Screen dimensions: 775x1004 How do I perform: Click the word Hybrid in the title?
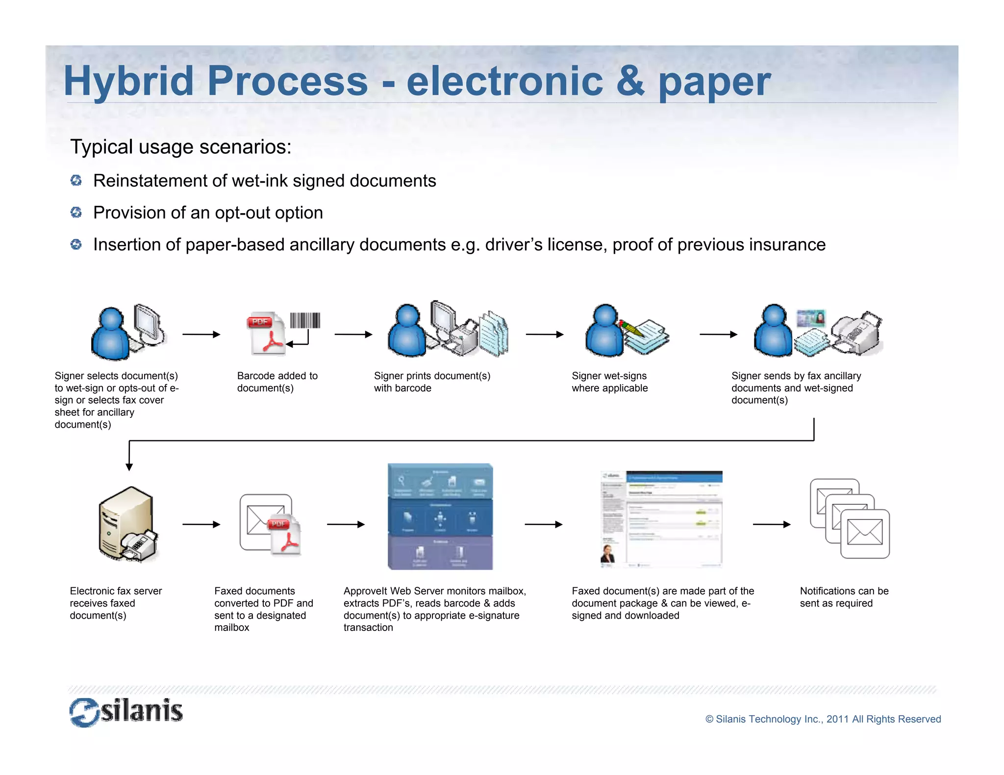pos(128,81)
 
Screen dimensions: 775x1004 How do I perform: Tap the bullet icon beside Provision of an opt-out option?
pos(76,212)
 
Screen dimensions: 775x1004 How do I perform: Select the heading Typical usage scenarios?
pos(180,147)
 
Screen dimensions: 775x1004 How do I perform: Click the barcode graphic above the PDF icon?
pos(305,320)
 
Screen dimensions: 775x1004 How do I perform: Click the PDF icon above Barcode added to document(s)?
pos(265,334)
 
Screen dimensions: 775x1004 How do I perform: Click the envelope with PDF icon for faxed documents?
pos(269,524)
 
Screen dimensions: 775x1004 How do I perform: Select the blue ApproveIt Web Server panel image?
pos(440,516)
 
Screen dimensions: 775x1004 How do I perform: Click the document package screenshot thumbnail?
pos(661,519)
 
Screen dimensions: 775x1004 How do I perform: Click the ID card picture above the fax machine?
pos(811,318)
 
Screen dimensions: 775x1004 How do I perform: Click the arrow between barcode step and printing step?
pos(353,335)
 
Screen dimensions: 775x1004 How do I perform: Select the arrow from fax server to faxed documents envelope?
pos(201,524)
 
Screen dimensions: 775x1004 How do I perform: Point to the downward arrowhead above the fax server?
pos(129,466)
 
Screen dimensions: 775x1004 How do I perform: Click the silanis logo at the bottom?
pos(126,712)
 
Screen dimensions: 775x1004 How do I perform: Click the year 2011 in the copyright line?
pos(837,719)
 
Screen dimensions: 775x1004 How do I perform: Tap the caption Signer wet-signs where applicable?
pos(609,382)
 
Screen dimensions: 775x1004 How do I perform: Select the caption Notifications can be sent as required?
pos(844,597)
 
